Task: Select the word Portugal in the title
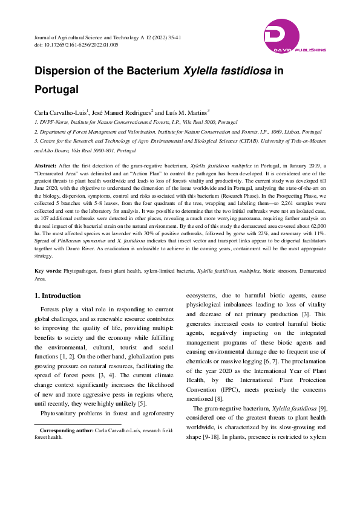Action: coord(57,89)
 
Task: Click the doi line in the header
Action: coord(76,45)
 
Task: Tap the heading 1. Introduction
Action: coord(57,296)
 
